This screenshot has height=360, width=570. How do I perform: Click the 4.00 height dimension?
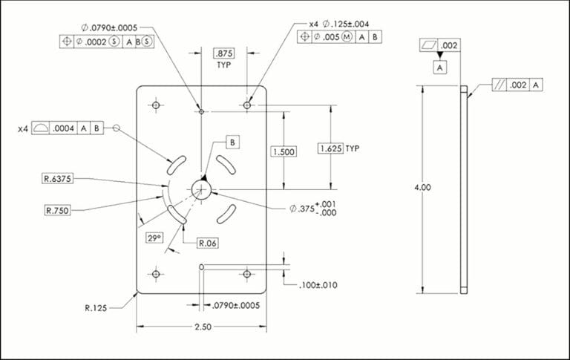[x=422, y=187]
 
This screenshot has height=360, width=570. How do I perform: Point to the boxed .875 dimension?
[x=223, y=53]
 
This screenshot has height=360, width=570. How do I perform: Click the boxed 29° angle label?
[x=154, y=238]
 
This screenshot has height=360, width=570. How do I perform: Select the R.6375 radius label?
[x=56, y=178]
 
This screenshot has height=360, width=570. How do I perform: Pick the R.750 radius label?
[x=57, y=211]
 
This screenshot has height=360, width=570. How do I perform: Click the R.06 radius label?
[x=207, y=243]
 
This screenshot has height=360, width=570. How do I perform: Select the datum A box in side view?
[x=440, y=68]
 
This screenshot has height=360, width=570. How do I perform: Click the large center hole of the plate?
[x=201, y=189]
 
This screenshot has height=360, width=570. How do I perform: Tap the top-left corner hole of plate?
[x=156, y=105]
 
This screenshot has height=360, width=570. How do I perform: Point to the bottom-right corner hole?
[x=247, y=274]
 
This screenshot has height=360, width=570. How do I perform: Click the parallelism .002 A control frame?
[x=517, y=86]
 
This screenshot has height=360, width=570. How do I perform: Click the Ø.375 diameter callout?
[x=307, y=209]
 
